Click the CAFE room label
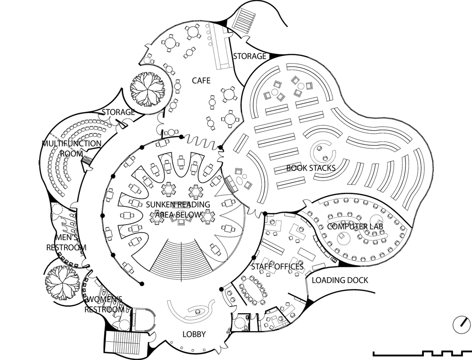coord(201,81)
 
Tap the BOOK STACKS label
coord(311,168)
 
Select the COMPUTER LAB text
coord(355,226)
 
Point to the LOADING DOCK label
coord(340,280)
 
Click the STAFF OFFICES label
coord(277,266)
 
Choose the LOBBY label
coord(194,334)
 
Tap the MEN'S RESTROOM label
coord(66,243)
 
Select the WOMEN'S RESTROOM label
coord(104,304)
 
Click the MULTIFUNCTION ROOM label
coord(71,148)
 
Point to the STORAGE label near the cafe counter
coord(249,56)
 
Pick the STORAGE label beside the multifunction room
coord(118,112)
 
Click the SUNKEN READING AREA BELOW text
coord(178,210)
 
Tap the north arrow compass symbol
coord(462,324)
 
